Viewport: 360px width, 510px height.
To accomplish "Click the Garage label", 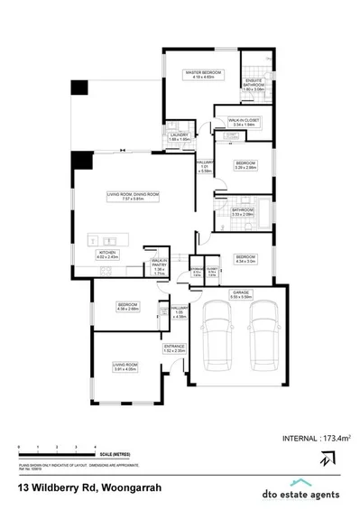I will (x=242, y=294).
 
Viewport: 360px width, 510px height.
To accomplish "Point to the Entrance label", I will (x=173, y=349).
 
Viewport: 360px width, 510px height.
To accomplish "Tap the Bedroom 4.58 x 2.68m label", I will (x=125, y=307).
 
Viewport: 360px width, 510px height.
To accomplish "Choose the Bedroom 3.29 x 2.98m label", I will (x=245, y=166).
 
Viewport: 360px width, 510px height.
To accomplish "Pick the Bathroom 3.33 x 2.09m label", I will (x=242, y=212).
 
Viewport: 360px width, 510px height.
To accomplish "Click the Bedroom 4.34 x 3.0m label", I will (x=245, y=259).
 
